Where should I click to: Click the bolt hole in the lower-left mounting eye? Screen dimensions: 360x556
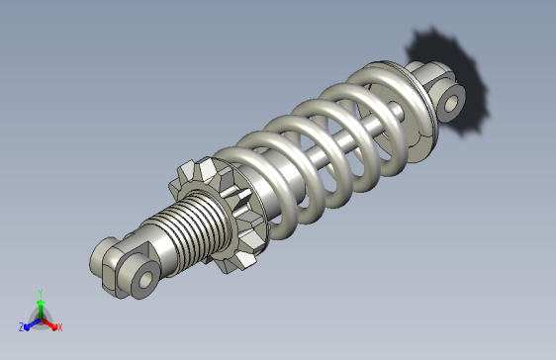pos(144,281)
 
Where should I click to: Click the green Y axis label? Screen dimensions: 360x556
pos(40,293)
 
